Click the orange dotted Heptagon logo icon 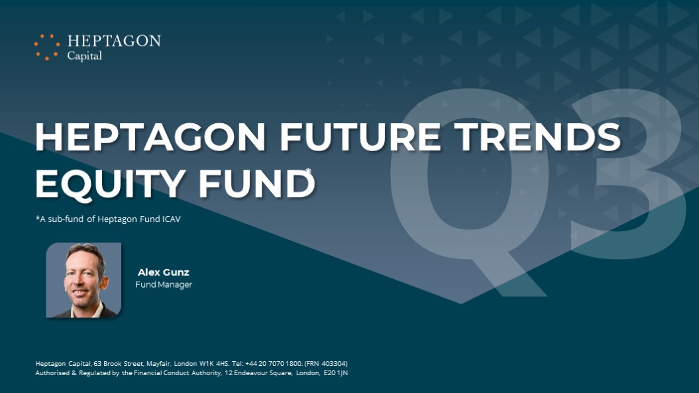point(47,47)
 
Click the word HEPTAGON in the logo point(114,41)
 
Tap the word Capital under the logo point(84,56)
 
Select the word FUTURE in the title point(360,137)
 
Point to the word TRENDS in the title point(537,137)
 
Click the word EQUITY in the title point(110,184)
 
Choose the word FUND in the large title point(256,183)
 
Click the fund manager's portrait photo point(83,280)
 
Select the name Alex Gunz point(164,272)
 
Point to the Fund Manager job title point(164,284)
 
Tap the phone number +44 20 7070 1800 point(273,364)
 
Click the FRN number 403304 point(334,364)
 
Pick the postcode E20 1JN point(336,373)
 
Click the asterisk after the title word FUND point(309,170)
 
